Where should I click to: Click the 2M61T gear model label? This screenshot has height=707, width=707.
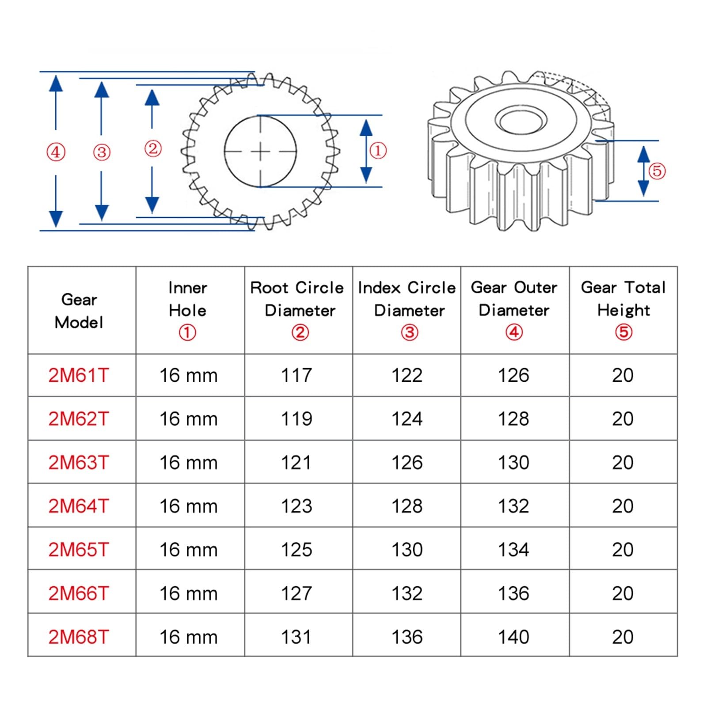[x=78, y=375]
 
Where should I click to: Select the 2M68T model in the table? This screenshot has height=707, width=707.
[x=78, y=637]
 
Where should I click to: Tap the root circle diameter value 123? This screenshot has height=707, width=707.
[x=296, y=506]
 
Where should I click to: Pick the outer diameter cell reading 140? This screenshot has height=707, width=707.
[x=513, y=637]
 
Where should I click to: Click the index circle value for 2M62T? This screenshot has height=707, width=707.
[x=407, y=418]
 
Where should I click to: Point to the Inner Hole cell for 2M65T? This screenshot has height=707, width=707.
[x=189, y=550]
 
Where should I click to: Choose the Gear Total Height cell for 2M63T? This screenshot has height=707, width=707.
[x=623, y=462]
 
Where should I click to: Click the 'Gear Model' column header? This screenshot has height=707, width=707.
[x=79, y=311]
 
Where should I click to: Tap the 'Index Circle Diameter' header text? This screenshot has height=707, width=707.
[x=407, y=299]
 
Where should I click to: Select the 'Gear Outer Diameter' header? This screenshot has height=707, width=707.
[x=514, y=299]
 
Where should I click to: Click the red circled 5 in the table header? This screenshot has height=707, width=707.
[x=623, y=332]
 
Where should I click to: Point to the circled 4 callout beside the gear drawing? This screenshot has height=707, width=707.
[x=56, y=152]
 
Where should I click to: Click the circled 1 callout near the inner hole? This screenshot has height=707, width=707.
[x=377, y=151]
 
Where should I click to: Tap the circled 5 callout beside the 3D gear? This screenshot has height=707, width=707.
[x=657, y=171]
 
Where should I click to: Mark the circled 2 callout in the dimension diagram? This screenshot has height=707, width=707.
[x=153, y=148]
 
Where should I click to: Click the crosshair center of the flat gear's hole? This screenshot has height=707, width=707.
[x=260, y=152]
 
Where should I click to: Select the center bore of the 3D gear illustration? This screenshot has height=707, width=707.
[x=521, y=120]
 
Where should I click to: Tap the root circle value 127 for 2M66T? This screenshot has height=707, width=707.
[x=296, y=593]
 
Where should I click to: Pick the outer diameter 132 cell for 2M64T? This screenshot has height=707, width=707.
[x=513, y=506]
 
